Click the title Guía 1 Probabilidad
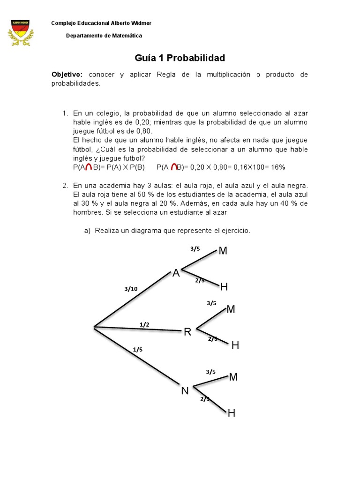[x=180, y=58]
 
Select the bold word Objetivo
[x=67, y=75]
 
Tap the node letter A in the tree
[x=176, y=273]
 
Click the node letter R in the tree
[x=187, y=332]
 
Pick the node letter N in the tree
[x=185, y=390]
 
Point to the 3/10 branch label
[x=131, y=289]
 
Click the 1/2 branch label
[x=145, y=324]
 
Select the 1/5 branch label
[x=138, y=349]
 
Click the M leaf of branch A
[x=223, y=251]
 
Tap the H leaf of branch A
[x=224, y=287]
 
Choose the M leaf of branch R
[x=231, y=309]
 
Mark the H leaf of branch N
[x=232, y=413]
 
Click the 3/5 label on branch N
[x=210, y=372]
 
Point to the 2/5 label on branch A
[x=200, y=280]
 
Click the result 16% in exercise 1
[x=278, y=167]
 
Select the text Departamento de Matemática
[x=104, y=36]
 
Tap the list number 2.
[x=66, y=185]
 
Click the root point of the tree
[x=95, y=327]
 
